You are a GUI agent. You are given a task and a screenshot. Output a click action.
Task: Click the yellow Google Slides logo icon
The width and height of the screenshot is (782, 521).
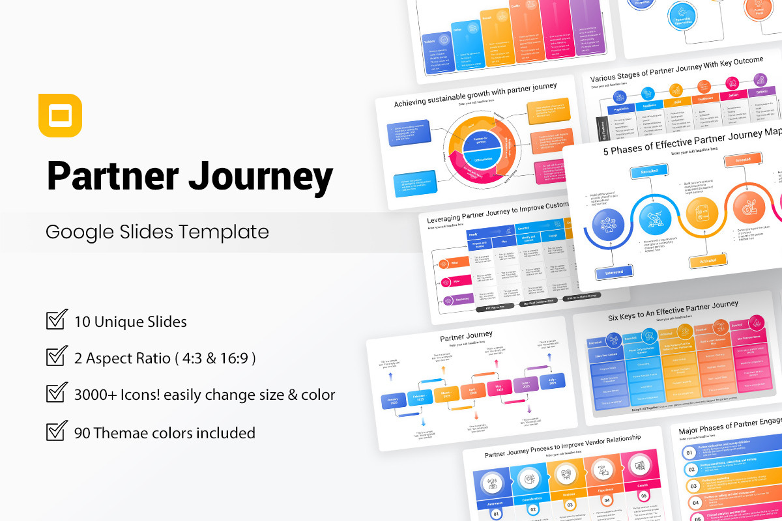60,116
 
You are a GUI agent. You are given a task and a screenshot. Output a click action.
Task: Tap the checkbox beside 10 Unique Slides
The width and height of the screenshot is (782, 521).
57,321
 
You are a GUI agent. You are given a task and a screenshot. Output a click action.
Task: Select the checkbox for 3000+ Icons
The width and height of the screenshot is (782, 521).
57,394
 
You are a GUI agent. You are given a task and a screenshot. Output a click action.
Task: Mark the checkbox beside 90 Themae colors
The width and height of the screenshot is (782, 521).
57,432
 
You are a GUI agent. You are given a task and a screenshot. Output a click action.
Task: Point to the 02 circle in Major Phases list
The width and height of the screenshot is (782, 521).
690,469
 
